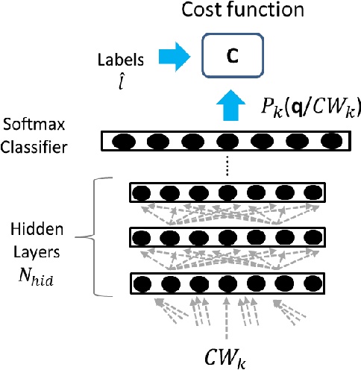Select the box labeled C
tap(231, 56)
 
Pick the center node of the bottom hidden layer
tap(227, 284)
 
